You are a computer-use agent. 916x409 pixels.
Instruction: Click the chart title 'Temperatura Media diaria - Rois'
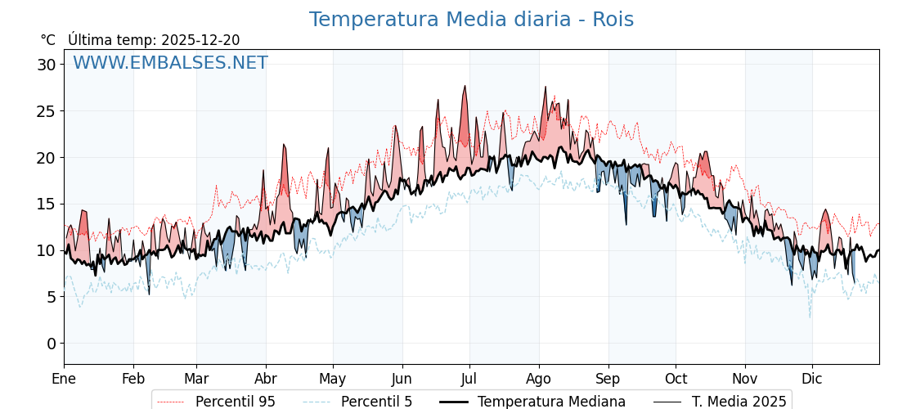(471, 20)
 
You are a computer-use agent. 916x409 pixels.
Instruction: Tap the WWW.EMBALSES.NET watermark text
(170, 63)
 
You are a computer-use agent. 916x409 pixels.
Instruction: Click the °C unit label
(47, 40)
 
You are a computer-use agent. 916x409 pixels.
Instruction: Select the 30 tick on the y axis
(46, 65)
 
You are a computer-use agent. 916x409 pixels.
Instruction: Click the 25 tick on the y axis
(46, 111)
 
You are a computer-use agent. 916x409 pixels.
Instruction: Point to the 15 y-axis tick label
(46, 204)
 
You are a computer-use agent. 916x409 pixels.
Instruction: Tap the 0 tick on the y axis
(51, 344)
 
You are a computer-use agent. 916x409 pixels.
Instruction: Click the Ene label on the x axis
(64, 379)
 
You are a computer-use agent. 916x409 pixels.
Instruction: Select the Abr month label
(266, 379)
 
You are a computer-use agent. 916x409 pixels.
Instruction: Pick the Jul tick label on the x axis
(469, 379)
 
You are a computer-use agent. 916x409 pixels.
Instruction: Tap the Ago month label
(538, 379)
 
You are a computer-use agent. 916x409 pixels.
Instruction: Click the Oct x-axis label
(676, 379)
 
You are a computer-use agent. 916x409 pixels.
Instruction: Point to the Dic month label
(812, 379)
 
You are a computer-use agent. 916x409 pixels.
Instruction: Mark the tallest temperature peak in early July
(465, 86)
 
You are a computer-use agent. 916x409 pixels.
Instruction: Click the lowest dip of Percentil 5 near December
(810, 317)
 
